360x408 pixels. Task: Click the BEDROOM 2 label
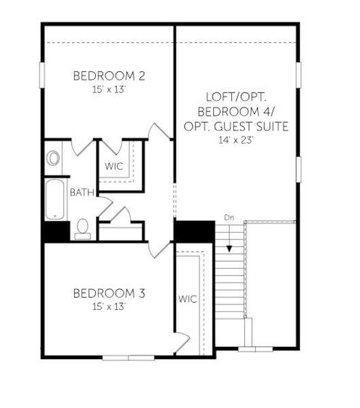tap(109, 75)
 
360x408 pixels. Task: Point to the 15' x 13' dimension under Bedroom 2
tap(109, 89)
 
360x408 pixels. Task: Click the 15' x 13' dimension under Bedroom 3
tap(109, 307)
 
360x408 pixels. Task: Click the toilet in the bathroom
tap(82, 229)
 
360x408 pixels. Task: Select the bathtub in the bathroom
tap(55, 199)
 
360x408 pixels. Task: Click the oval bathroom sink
tap(54, 158)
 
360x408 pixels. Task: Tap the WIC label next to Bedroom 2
tap(114, 166)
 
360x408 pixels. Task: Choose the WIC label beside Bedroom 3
tap(188, 299)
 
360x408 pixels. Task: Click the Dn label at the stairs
tap(229, 218)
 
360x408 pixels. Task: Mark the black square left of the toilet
tap(56, 231)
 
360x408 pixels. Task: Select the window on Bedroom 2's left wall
tap(42, 71)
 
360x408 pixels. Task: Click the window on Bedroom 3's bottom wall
tap(129, 357)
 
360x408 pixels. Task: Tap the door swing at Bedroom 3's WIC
tap(182, 340)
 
